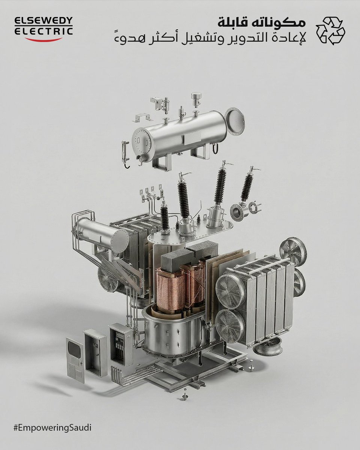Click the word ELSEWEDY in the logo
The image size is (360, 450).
tap(43, 21)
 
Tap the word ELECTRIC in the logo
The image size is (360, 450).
tap(43, 31)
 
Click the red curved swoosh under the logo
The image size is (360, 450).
tap(43, 39)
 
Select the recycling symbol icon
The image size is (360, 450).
tap(330, 31)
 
